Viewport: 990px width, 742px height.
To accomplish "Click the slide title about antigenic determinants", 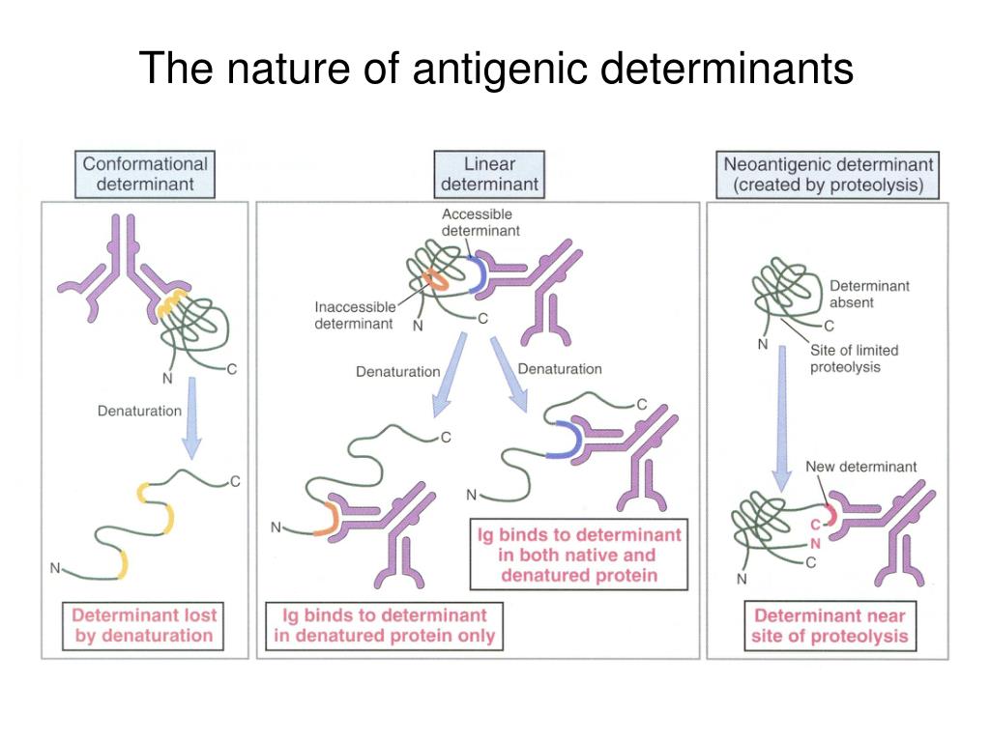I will tap(496, 70).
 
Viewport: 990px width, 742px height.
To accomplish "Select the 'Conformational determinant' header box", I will tap(145, 174).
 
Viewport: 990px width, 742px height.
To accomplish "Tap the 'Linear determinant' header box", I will tap(489, 174).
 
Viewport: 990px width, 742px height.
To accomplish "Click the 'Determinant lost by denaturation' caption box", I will tap(144, 625).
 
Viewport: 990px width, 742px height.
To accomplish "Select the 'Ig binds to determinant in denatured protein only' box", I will tap(384, 625).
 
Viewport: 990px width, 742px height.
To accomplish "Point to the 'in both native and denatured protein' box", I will tap(578, 555).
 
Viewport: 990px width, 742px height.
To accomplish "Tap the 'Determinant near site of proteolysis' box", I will tap(830, 625).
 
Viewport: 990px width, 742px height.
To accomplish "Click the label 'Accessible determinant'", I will tap(478, 222).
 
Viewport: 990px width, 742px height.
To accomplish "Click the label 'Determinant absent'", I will tap(869, 294).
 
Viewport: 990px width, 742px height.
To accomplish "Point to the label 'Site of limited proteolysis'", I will tap(854, 358).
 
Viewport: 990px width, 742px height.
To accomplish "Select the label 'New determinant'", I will tap(860, 467).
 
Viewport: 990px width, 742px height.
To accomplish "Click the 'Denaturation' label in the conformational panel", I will tap(139, 411).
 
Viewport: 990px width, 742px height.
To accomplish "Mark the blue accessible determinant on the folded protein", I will tap(476, 274).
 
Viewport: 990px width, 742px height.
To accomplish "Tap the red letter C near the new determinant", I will tap(815, 525).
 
